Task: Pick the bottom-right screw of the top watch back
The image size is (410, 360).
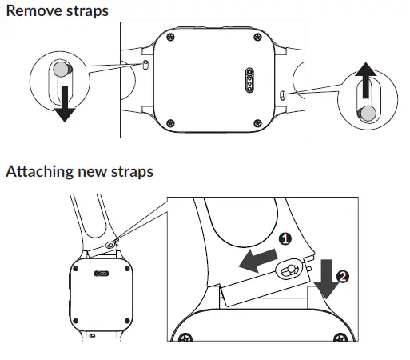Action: tap(259, 122)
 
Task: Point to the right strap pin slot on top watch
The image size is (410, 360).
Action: tap(284, 94)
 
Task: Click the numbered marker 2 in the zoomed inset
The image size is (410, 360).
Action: tap(342, 277)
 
